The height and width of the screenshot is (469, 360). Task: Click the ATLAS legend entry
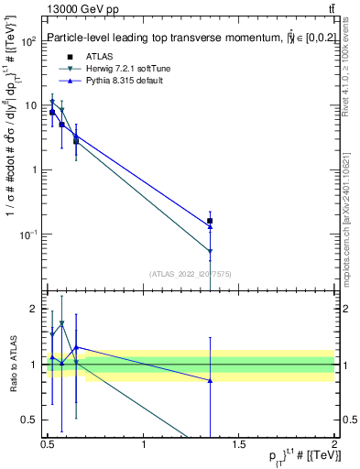pos(87,57)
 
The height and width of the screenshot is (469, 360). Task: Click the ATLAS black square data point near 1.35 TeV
pos(210,221)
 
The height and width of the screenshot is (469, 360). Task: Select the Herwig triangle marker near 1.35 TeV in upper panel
pos(210,251)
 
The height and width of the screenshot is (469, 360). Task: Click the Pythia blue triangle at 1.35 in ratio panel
pos(210,380)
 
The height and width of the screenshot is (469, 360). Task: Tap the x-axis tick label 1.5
pos(239,446)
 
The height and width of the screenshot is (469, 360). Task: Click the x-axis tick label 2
pos(334,446)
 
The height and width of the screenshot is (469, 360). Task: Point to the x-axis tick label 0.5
pos(48,446)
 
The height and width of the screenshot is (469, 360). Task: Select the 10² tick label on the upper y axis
pos(27,42)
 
